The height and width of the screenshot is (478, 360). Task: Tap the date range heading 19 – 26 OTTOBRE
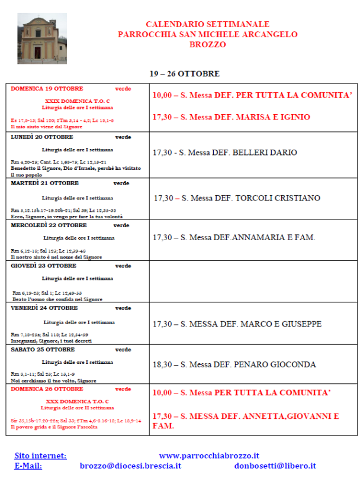(184, 74)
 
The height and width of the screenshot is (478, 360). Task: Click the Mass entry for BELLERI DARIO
(224, 153)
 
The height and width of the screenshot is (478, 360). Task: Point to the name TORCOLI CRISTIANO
(278, 198)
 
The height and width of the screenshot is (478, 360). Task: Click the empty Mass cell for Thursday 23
(253, 281)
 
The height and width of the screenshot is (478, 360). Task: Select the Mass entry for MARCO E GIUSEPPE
(237, 324)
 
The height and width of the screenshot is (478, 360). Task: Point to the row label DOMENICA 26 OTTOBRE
(47, 389)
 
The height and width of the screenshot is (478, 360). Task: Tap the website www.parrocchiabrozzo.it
(210, 456)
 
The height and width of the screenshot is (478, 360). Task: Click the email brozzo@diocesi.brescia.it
(130, 466)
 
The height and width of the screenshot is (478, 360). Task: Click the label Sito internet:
(40, 456)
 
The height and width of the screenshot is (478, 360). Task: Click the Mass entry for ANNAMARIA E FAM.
(234, 238)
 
